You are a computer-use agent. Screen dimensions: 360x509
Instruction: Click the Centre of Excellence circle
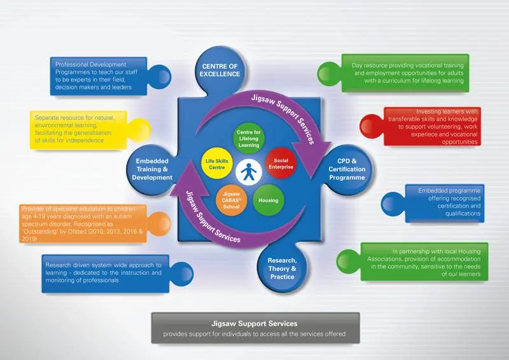(x=221, y=69)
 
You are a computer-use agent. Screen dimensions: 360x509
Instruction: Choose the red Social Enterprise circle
(x=281, y=165)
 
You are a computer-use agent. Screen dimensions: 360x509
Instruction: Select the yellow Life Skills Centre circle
(x=215, y=165)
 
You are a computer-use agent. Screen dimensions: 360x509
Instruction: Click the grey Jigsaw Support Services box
(x=254, y=328)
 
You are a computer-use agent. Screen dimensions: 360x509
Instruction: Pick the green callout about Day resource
(x=407, y=73)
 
